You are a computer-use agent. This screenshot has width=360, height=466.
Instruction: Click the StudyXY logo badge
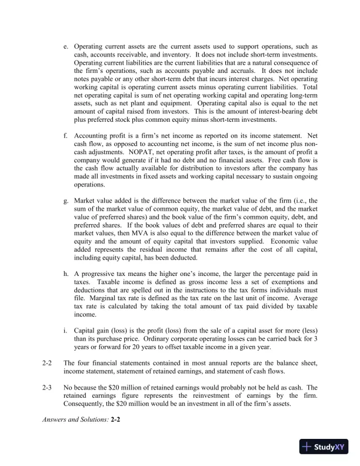coord(324,447)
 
